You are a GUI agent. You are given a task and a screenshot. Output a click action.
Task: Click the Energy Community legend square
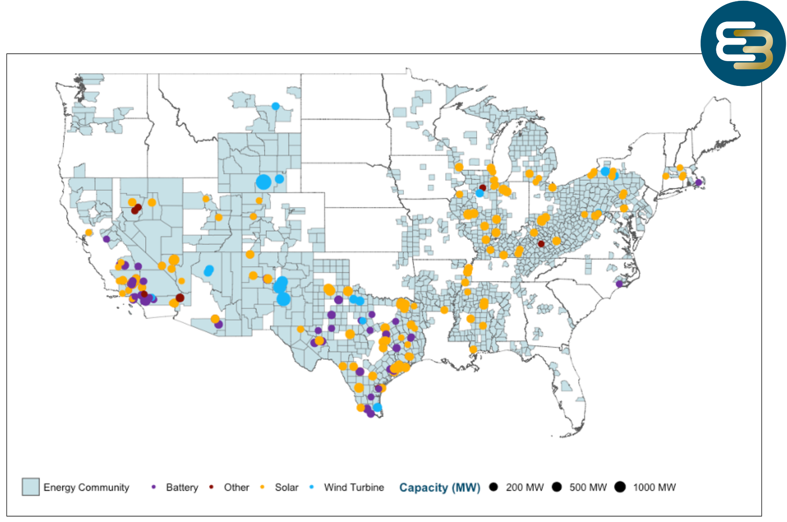click(31, 487)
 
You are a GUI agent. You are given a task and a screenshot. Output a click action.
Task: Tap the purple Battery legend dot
click(154, 487)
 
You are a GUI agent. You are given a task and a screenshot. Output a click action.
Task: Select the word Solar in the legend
click(286, 487)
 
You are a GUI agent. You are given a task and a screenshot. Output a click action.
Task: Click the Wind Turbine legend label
click(354, 487)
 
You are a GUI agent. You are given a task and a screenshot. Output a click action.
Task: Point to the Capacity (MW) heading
click(440, 487)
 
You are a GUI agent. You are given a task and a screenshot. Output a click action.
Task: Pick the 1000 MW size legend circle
click(620, 487)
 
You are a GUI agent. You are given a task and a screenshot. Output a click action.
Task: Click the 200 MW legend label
click(524, 487)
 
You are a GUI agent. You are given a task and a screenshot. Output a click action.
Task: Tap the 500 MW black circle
click(557, 487)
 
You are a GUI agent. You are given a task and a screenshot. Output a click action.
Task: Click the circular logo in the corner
click(743, 43)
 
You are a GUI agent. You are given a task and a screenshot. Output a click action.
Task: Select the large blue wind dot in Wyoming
click(263, 182)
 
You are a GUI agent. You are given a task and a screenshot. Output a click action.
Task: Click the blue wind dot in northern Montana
click(276, 106)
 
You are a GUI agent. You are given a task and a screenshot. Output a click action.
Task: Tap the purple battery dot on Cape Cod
click(698, 182)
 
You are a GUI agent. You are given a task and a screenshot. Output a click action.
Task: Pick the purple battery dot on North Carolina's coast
click(619, 284)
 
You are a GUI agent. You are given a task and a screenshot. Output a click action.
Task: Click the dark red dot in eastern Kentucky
click(541, 244)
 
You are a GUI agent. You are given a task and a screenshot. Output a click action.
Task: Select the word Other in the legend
click(236, 487)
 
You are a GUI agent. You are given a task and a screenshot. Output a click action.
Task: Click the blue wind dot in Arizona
click(209, 270)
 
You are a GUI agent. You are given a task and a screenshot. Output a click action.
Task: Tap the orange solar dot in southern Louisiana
click(473, 349)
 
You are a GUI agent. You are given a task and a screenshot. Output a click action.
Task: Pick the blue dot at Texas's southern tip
click(377, 407)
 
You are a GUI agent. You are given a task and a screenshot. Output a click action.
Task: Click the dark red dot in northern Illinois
click(483, 187)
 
